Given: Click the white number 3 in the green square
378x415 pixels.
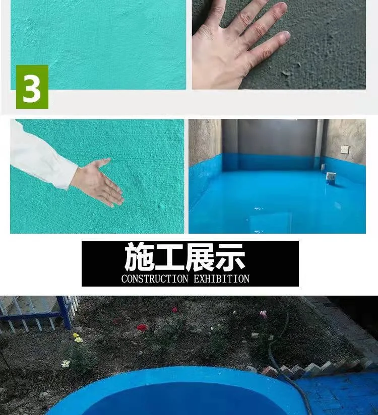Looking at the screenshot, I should pos(32,87).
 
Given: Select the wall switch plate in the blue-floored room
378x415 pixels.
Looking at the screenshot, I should pos(345,150).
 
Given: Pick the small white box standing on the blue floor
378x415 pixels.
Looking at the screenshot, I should pos(331,177).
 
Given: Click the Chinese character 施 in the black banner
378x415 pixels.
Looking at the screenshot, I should pos(140,257).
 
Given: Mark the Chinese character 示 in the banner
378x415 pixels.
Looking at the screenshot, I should pos(230,257).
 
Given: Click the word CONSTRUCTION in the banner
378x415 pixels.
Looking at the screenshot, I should pos(154,279).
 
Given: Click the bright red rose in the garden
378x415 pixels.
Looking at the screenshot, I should pos(142,327).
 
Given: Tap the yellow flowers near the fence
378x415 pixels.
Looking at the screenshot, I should pos(77,338).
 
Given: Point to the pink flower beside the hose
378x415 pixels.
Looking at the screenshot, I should pos(263,314).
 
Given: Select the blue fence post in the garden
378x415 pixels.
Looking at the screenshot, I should pos(65,313).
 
